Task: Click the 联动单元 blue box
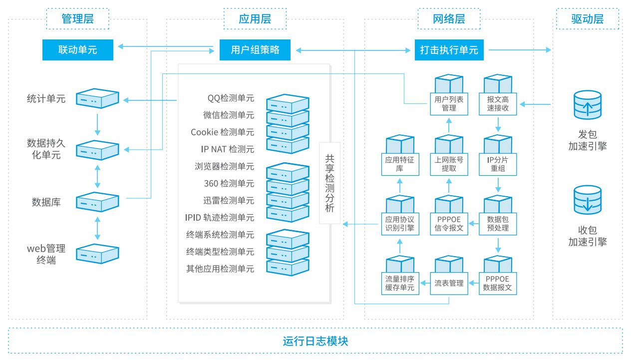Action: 77,50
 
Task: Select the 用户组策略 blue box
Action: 255,50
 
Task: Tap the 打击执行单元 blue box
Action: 449,50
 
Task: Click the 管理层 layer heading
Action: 77,19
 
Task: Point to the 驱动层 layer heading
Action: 587,19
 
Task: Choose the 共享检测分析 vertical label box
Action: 330,183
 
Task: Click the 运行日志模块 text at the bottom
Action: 315,341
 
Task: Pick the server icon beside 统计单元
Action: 97,98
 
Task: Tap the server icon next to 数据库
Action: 97,202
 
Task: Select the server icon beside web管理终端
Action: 97,253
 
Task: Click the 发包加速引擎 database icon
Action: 588,104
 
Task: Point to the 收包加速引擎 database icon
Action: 588,199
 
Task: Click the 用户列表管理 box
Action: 449,103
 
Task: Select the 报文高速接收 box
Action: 498,103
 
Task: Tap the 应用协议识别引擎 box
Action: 400,223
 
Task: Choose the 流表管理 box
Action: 449,283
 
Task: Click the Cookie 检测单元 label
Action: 222,132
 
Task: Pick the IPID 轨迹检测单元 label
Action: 219,218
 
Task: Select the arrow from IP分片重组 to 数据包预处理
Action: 498,185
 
